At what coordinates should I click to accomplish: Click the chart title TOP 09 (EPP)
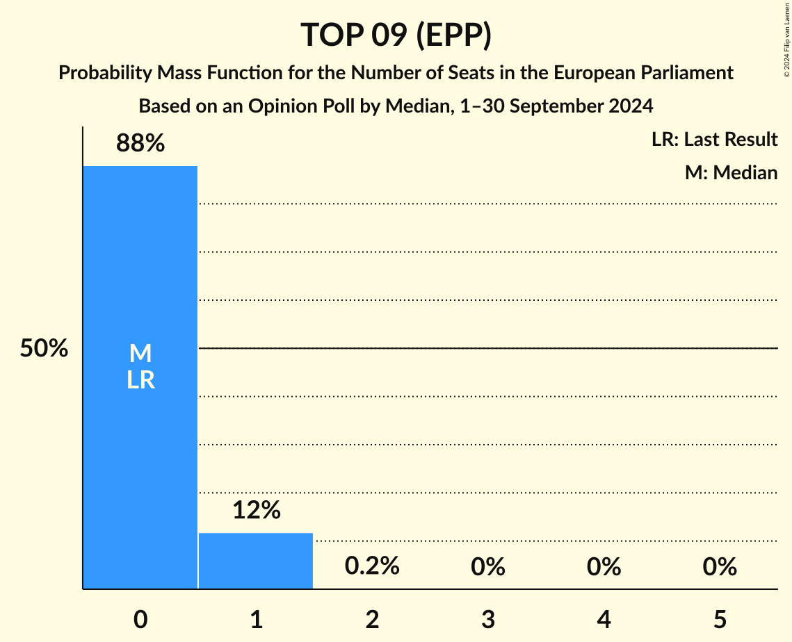(x=396, y=35)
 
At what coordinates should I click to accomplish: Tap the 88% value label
(x=140, y=144)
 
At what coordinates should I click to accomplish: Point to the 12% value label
(x=256, y=511)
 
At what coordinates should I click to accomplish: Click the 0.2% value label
(x=372, y=566)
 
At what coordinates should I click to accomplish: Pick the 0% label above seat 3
(x=487, y=567)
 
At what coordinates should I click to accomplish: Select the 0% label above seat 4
(x=604, y=567)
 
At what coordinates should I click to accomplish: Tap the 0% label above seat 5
(x=719, y=567)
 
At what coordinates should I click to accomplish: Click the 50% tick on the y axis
(x=44, y=349)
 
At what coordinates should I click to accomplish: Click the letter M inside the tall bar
(x=140, y=354)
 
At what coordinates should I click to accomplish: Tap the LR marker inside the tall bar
(x=140, y=381)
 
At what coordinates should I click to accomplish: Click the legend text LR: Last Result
(x=714, y=140)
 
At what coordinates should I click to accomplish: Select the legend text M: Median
(x=731, y=172)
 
